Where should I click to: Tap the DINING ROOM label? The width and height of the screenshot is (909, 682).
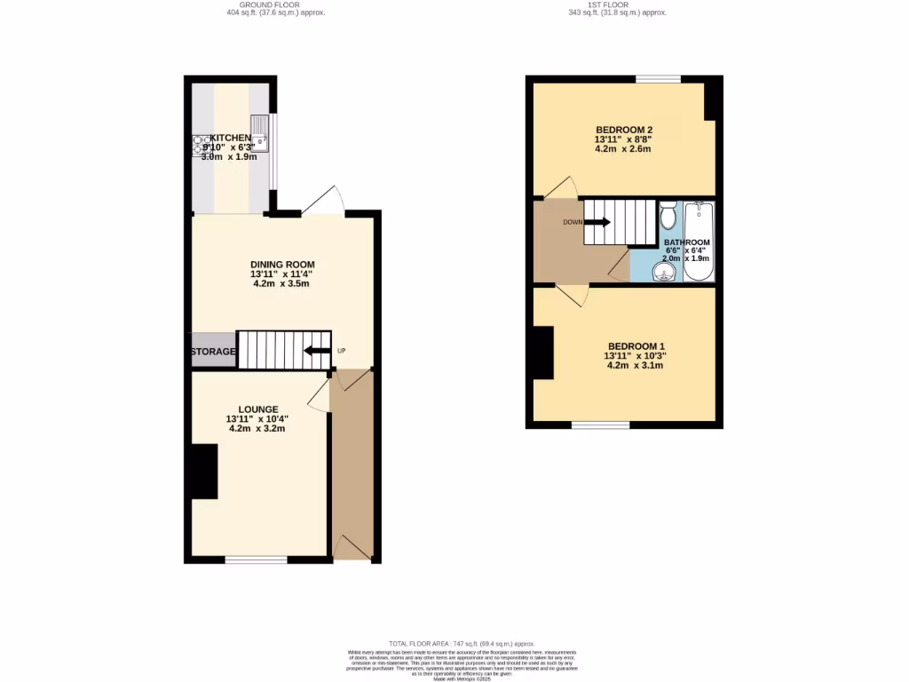tap(282, 265)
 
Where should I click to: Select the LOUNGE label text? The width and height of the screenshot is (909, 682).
tap(257, 408)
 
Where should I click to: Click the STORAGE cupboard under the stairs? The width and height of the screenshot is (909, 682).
tap(214, 352)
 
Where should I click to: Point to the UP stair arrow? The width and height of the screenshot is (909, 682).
tap(315, 351)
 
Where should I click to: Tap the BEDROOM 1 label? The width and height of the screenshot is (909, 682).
tap(636, 345)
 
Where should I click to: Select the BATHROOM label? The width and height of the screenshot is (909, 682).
tap(687, 242)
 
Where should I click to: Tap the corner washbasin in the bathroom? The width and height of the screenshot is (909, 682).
tap(662, 271)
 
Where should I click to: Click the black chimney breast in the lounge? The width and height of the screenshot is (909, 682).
tap(205, 471)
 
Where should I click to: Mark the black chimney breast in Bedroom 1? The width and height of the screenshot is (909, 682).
tap(542, 353)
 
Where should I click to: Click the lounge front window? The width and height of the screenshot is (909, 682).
tap(256, 559)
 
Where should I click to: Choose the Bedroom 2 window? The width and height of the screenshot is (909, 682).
tap(658, 79)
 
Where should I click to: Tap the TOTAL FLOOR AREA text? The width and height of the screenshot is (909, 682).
tap(462, 643)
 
